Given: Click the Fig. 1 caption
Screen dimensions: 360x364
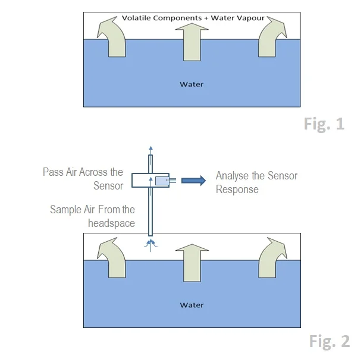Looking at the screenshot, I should pos(324,124).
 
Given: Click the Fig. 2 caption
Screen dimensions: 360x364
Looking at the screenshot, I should pos(329,341).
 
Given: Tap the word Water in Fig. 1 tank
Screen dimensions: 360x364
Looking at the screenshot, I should pos(191,84).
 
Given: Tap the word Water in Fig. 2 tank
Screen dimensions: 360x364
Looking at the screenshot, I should pos(191,305).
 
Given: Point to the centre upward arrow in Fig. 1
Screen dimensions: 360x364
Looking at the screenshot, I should pos(191,40).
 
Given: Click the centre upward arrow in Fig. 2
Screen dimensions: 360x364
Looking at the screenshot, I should pos(191,261).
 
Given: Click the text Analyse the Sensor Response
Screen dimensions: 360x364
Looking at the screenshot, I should pos(256,182).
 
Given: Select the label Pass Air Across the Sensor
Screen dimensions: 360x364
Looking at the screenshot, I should pos(83,179).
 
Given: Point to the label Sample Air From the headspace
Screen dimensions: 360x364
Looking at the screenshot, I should pos(92,216).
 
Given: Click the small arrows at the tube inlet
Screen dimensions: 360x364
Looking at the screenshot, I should pos(150,242).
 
